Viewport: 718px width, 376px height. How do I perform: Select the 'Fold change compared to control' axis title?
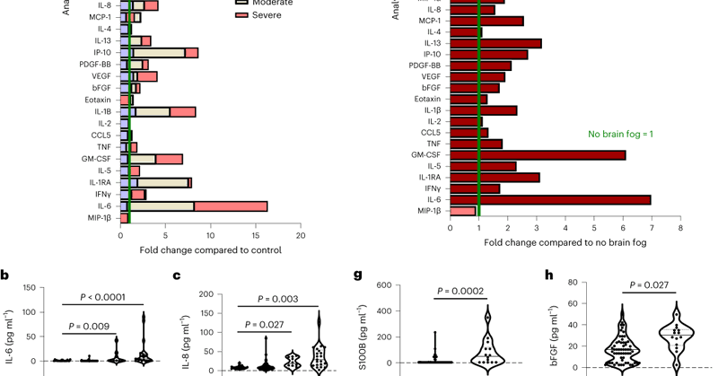coord(201,250)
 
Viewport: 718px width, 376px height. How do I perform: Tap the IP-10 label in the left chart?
coord(103,52)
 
